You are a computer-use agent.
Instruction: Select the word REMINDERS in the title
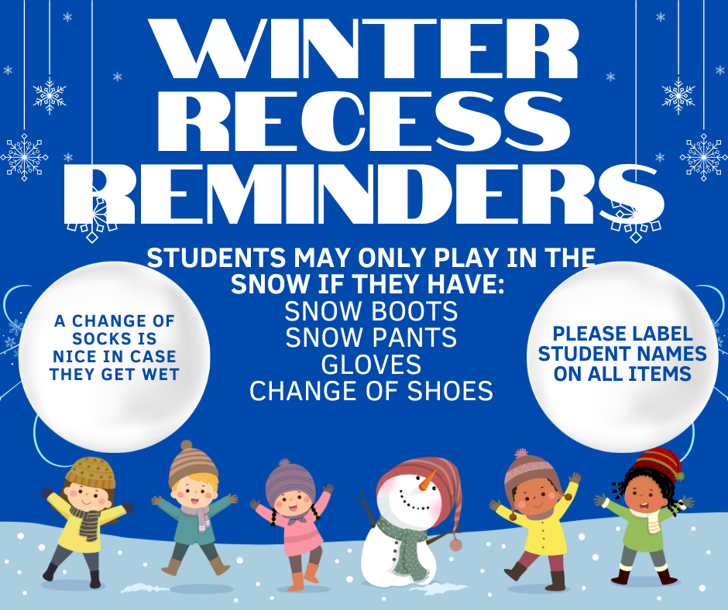[364, 194]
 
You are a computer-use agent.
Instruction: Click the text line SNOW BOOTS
[371, 312]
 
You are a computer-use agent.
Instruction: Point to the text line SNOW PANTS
[371, 338]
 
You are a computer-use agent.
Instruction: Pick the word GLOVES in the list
[371, 364]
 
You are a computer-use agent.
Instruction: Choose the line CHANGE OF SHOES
[371, 391]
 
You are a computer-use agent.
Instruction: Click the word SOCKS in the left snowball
[114, 339]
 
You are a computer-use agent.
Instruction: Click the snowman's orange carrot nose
[428, 482]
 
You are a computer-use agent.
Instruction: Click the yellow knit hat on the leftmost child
[90, 471]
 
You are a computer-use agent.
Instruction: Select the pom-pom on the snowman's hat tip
[455, 544]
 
